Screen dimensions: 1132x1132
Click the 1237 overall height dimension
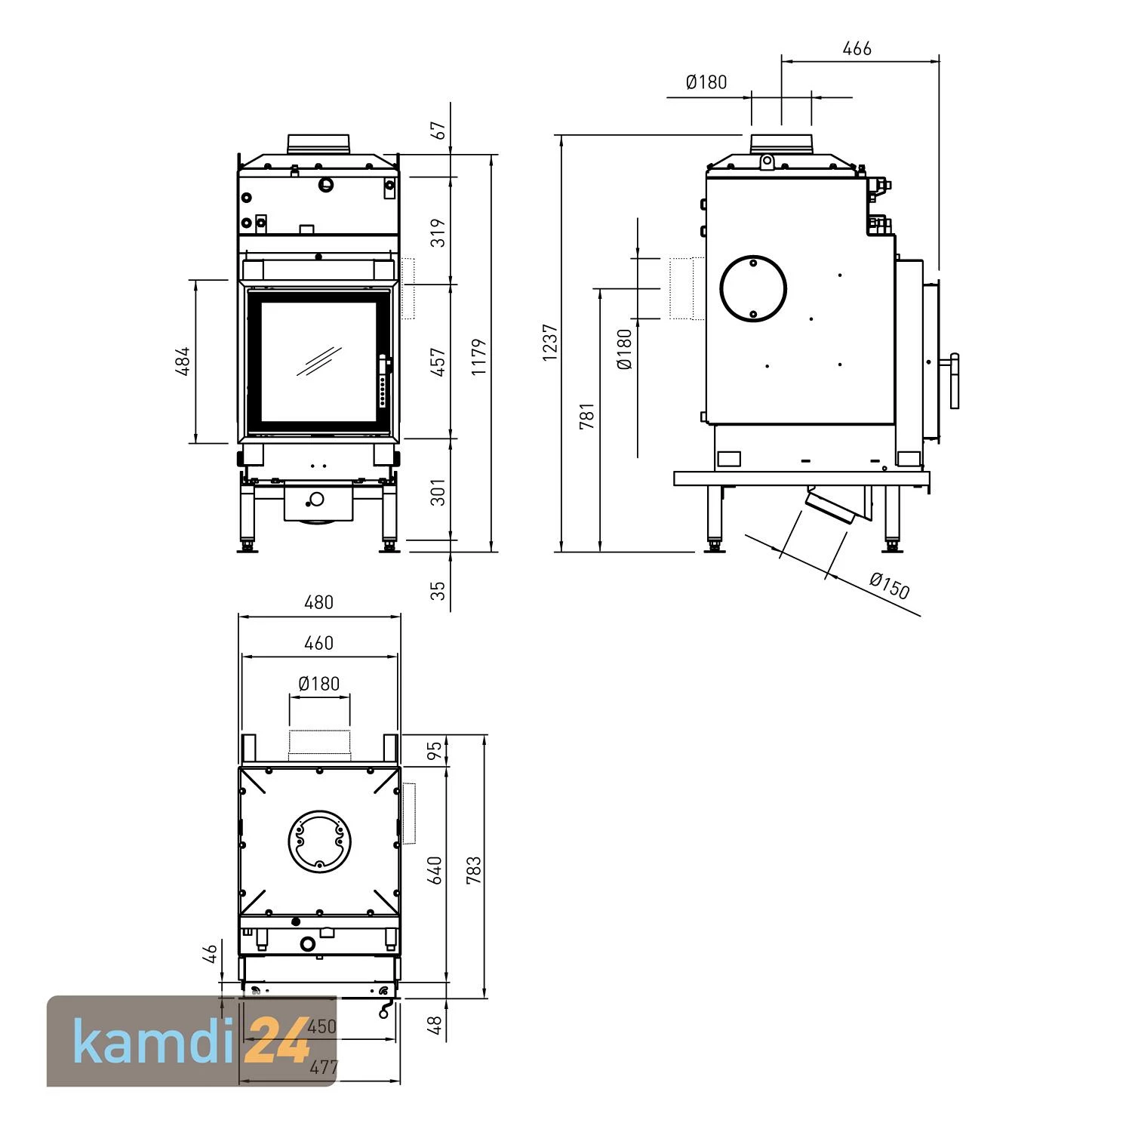point(550,342)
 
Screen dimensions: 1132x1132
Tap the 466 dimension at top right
point(857,49)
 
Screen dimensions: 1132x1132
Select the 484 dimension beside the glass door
point(183,361)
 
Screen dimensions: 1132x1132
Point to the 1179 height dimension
point(479,357)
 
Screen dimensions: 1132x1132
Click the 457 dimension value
point(438,361)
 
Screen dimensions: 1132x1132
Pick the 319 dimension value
point(438,232)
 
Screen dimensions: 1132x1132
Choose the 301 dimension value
point(438,492)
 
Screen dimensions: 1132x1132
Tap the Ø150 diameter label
point(890,585)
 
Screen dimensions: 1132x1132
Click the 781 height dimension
point(587,416)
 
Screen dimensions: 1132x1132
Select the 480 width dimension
point(318,602)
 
